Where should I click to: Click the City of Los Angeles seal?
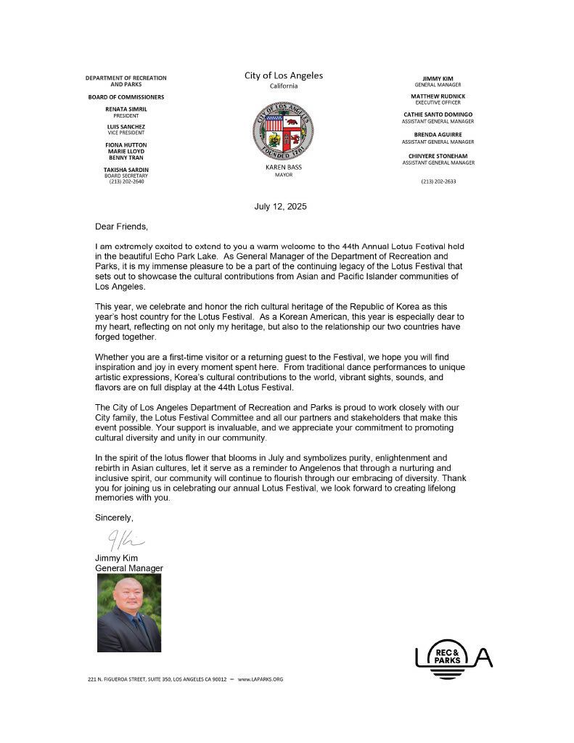pos(283,131)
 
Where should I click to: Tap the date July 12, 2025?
pos(280,206)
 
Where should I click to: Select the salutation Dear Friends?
pos(121,226)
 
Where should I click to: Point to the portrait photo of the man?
pos(129,613)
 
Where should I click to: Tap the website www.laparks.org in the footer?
pos(260,679)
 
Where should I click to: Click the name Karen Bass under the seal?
pos(283,168)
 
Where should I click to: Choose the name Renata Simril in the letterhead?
pos(126,109)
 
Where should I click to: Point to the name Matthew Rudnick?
pos(438,96)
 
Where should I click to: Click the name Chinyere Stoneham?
pos(438,156)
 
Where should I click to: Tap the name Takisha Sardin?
pos(126,169)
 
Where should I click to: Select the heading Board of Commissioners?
pos(126,97)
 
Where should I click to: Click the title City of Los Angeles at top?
pos(284,75)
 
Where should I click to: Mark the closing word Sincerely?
pos(114,518)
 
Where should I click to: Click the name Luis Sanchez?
pos(126,126)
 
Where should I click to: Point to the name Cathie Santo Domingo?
pos(438,115)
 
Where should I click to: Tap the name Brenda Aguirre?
pos(438,135)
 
